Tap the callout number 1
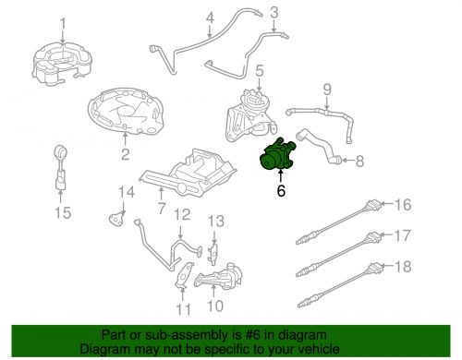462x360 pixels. (x=62, y=22)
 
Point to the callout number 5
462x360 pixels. (x=260, y=69)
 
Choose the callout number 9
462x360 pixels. (x=325, y=90)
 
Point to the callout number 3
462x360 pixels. (x=274, y=12)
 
